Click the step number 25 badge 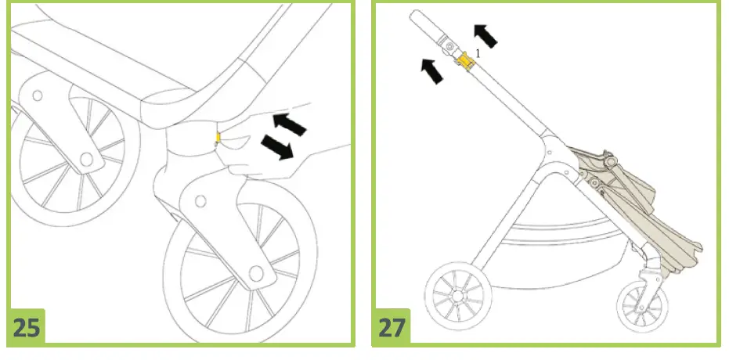(x=27, y=327)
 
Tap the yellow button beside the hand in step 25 (x=218, y=139)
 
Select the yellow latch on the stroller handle (x=467, y=60)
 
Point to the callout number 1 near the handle (x=478, y=52)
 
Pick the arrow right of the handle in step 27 (x=485, y=34)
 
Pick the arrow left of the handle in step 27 (x=429, y=69)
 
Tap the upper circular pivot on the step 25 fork (x=200, y=201)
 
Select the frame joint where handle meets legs (x=547, y=149)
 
